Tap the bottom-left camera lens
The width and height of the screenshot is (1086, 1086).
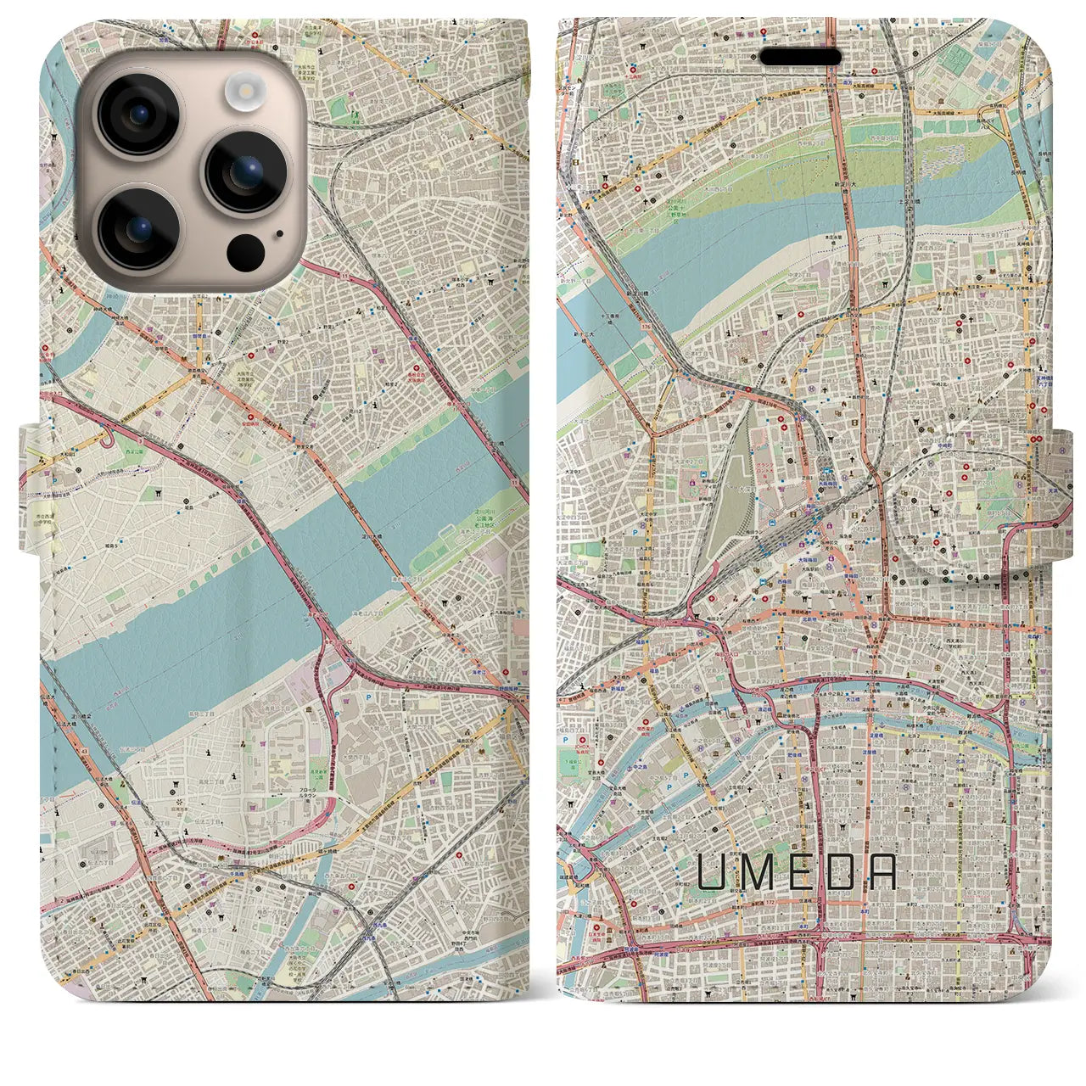pos(138,228)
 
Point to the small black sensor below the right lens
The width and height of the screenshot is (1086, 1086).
pos(246,250)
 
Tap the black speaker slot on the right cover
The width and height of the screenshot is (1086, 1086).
pos(800,56)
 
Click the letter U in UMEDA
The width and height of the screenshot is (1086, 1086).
pos(712,871)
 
